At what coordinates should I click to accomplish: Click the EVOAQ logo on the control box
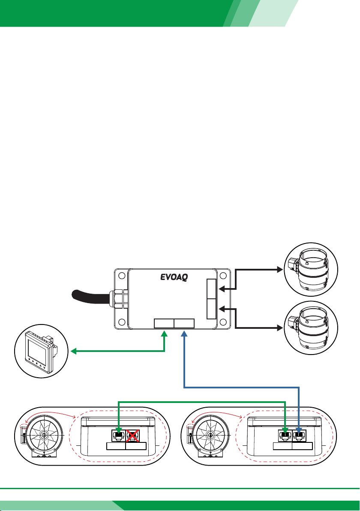pos(174,277)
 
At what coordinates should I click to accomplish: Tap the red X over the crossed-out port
pos(132,436)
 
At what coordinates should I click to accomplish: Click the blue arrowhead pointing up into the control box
pos(184,334)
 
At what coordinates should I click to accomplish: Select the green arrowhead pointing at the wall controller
pos(74,351)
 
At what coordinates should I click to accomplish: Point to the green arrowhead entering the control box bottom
pos(164,334)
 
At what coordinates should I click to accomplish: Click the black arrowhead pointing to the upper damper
pos(280,270)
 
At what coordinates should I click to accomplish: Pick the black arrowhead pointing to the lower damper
pos(280,328)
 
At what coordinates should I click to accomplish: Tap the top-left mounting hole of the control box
pos(122,276)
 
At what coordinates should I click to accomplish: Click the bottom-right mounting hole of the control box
pos(223,322)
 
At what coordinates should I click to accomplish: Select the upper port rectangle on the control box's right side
pos(211,289)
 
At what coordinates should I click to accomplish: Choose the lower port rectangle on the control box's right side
pos(211,309)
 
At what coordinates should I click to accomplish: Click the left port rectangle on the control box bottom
pos(164,323)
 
